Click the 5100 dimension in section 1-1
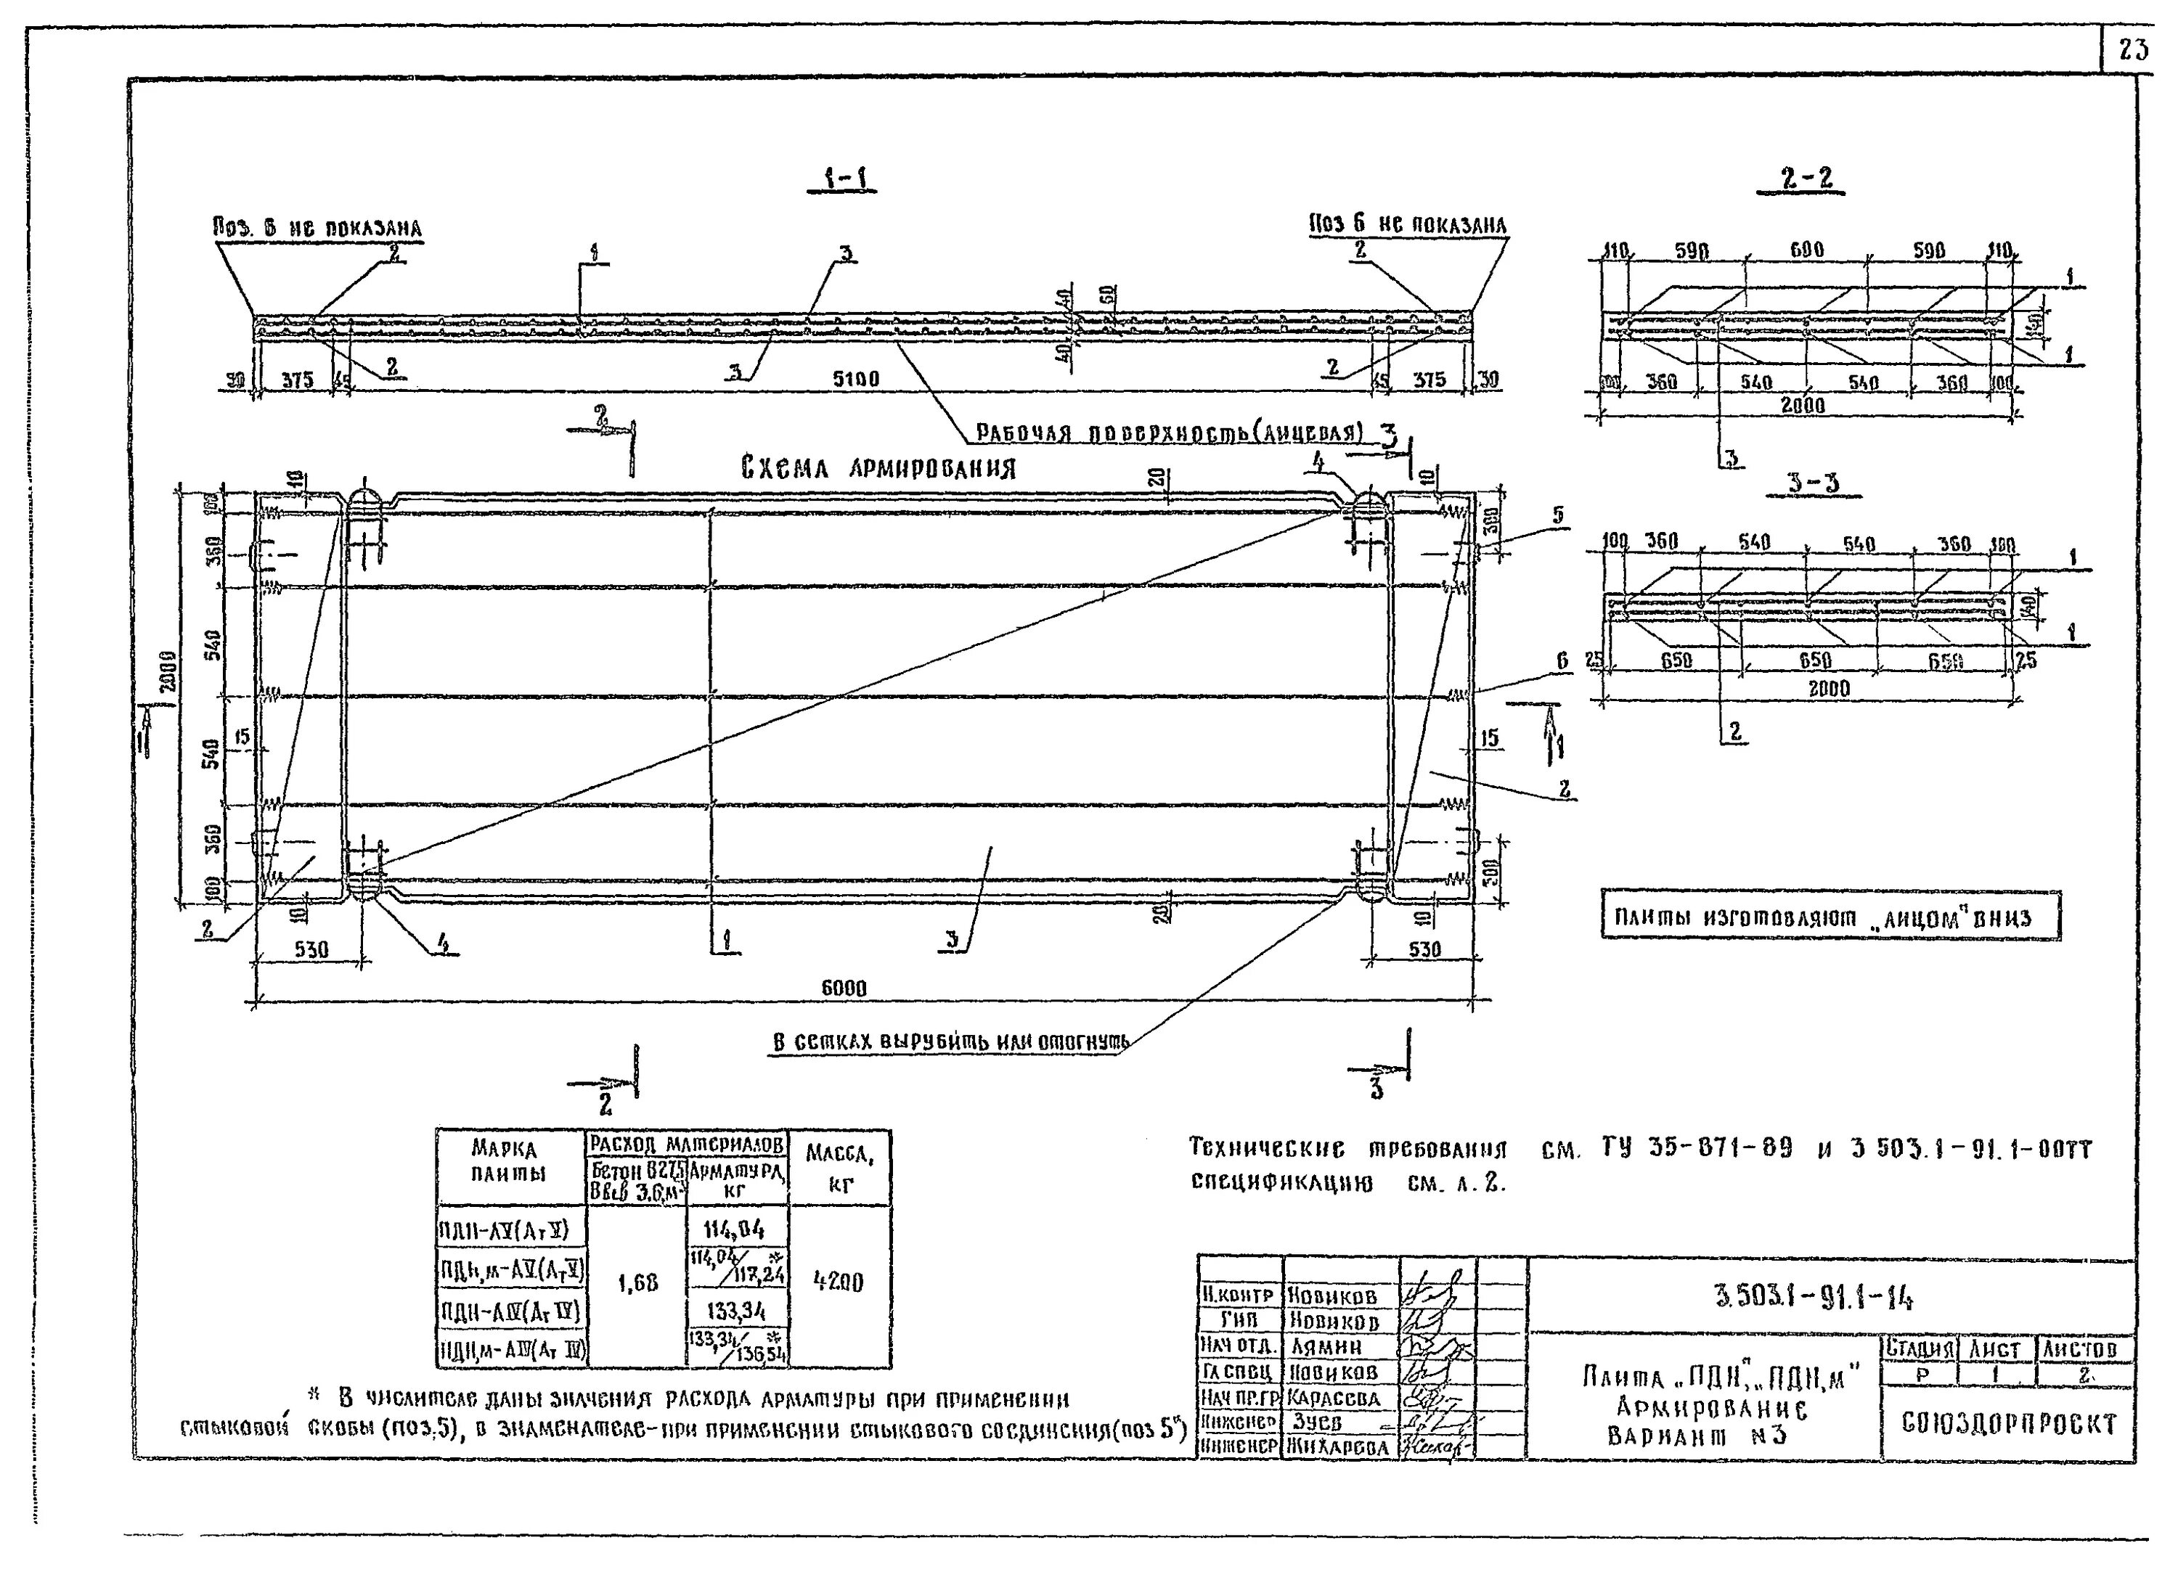(x=855, y=380)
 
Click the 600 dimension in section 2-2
(x=1806, y=250)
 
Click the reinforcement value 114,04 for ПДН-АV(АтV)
(x=735, y=1229)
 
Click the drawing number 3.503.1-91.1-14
(x=1812, y=1298)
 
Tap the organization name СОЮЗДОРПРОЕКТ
(x=2008, y=1424)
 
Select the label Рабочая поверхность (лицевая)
(x=1169, y=433)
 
